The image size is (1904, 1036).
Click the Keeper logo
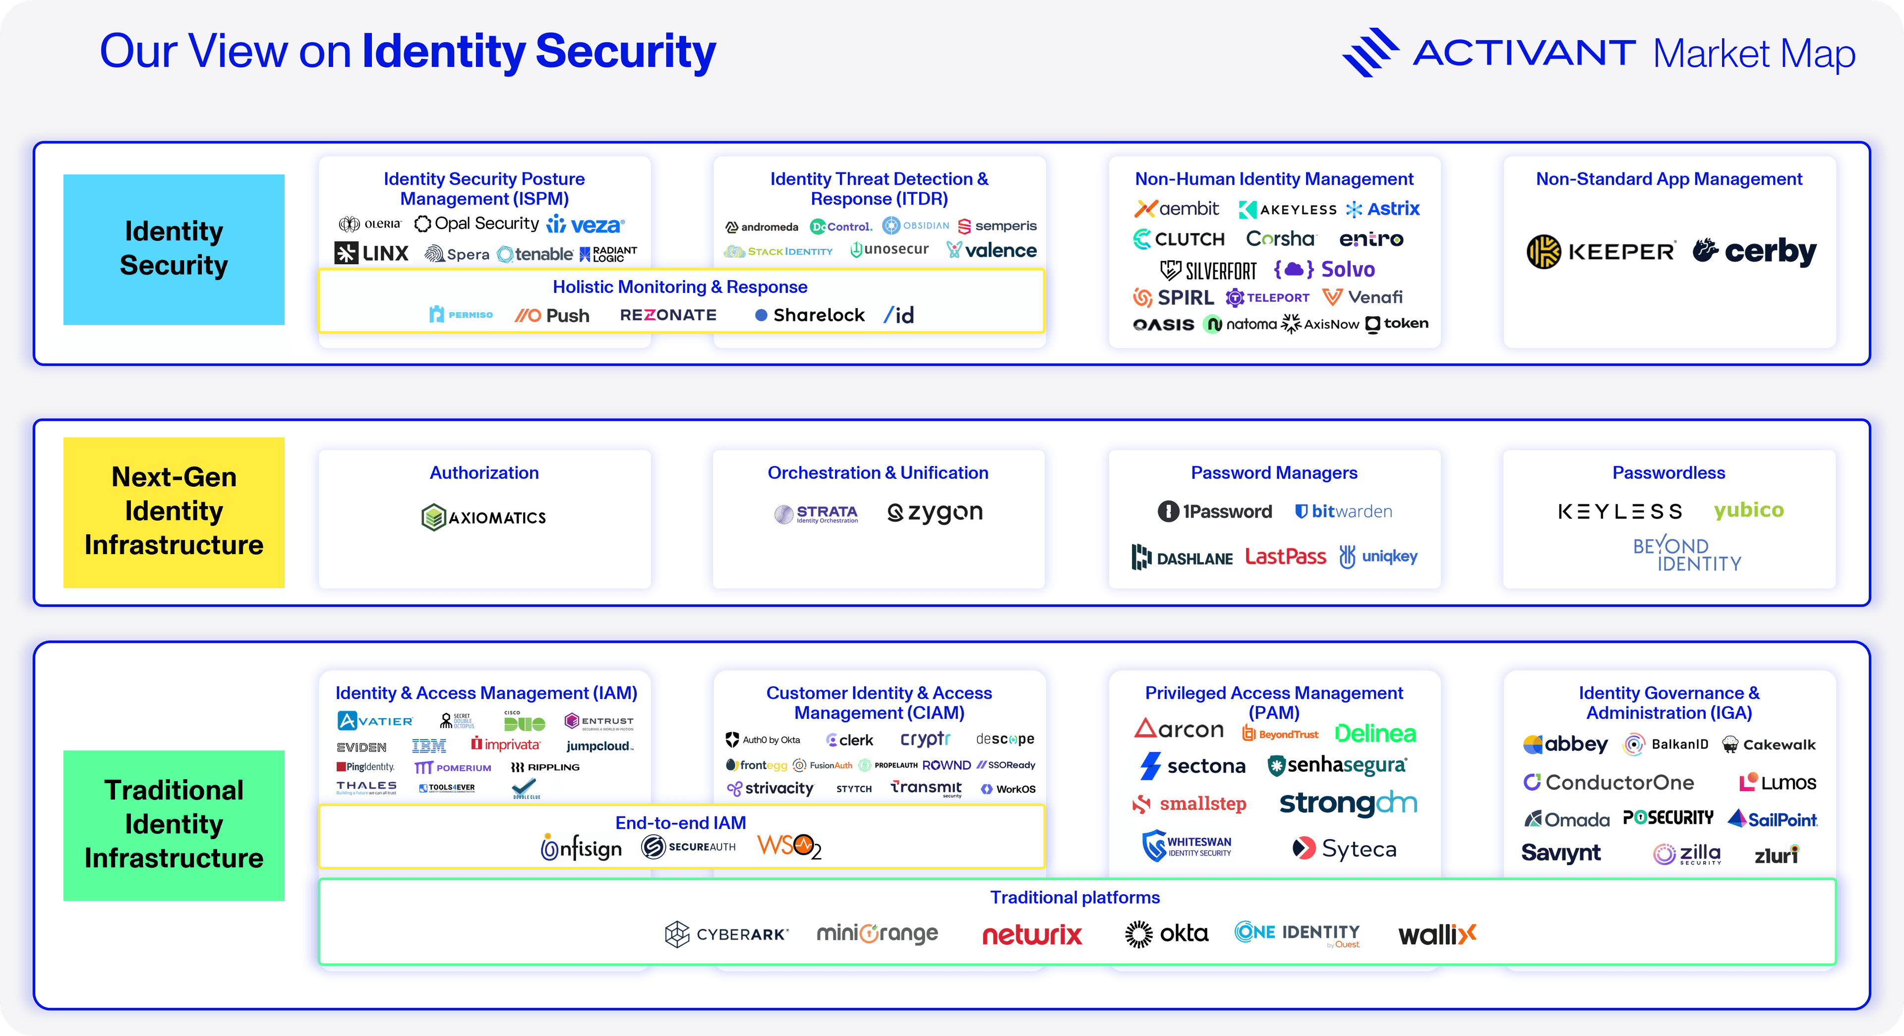pyautogui.click(x=1600, y=252)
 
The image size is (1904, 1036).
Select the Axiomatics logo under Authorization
pyautogui.click(x=483, y=518)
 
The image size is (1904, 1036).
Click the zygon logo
pyautogui.click(x=935, y=512)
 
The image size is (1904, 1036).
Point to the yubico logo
pyautogui.click(x=1748, y=510)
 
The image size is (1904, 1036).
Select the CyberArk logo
pyautogui.click(x=726, y=934)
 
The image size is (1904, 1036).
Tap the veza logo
pyautogui.click(x=586, y=225)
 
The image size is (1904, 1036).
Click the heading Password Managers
pyautogui.click(x=1273, y=473)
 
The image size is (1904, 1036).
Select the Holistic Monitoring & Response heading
pyautogui.click(x=680, y=287)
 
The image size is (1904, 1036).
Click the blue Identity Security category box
pyautogui.click(x=174, y=249)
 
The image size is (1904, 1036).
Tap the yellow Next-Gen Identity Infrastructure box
pyautogui.click(x=174, y=512)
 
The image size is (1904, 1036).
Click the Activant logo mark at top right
pyautogui.click(x=1369, y=52)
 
